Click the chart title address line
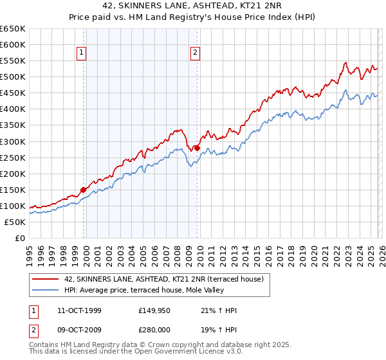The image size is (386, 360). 193,6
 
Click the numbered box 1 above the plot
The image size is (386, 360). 83,53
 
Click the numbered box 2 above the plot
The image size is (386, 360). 195,53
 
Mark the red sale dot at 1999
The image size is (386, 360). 84,190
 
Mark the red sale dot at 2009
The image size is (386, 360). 197,148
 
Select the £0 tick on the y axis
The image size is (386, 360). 19,238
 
